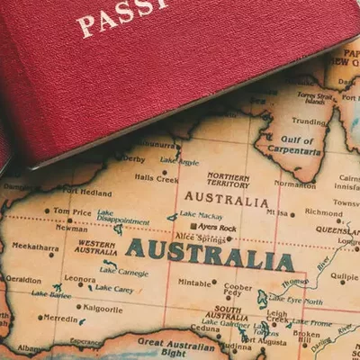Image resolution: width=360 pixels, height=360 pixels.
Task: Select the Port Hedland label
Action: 87,192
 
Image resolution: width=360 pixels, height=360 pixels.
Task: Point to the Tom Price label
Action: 74,211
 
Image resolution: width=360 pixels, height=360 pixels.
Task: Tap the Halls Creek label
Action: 156,178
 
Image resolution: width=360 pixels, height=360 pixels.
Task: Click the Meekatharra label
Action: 35,245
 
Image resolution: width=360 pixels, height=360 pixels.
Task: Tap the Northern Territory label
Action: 228,180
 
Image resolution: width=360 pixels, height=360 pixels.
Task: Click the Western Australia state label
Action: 96,247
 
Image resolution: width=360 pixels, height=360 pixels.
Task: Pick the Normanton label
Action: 295,184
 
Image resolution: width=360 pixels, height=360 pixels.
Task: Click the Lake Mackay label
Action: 200,215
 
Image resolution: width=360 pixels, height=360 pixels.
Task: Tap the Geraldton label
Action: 22,280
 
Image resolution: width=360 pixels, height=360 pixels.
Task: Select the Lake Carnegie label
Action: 123,270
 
